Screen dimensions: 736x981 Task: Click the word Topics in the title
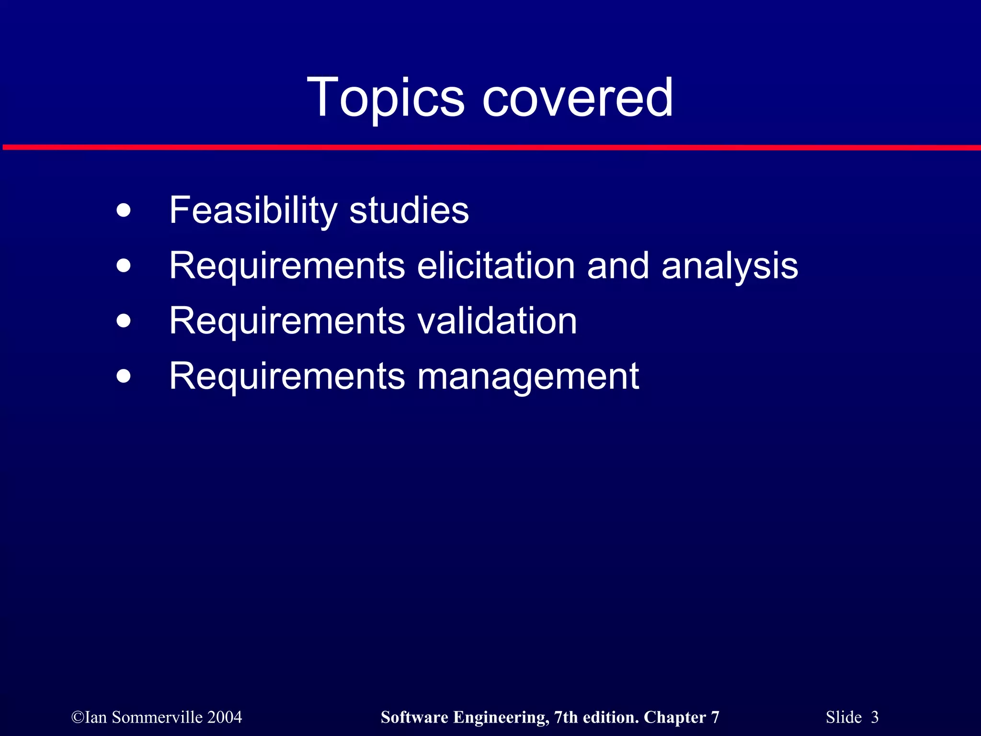pyautogui.click(x=385, y=98)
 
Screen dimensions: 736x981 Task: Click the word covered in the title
pyautogui.click(x=578, y=98)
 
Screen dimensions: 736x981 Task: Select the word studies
pyautogui.click(x=409, y=211)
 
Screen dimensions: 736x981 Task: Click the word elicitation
pyautogui.click(x=496, y=266)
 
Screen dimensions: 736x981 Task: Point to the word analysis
pyautogui.click(x=730, y=266)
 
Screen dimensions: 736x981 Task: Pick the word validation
pyautogui.click(x=497, y=321)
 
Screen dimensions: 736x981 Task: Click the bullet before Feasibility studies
pyautogui.click(x=124, y=211)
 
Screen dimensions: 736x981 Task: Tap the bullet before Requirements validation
pyautogui.click(x=124, y=321)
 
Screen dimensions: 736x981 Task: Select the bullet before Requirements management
pyautogui.click(x=124, y=377)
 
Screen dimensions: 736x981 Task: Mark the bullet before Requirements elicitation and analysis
pyautogui.click(x=124, y=266)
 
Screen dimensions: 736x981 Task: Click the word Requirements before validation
pyautogui.click(x=287, y=321)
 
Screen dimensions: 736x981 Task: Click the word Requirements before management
pyautogui.click(x=287, y=377)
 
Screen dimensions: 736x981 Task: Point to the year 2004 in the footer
pyautogui.click(x=225, y=717)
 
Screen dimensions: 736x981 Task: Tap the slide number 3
pyautogui.click(x=875, y=717)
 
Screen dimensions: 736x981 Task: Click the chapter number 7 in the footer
pyautogui.click(x=715, y=717)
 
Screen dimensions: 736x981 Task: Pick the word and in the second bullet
pyautogui.click(x=617, y=266)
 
